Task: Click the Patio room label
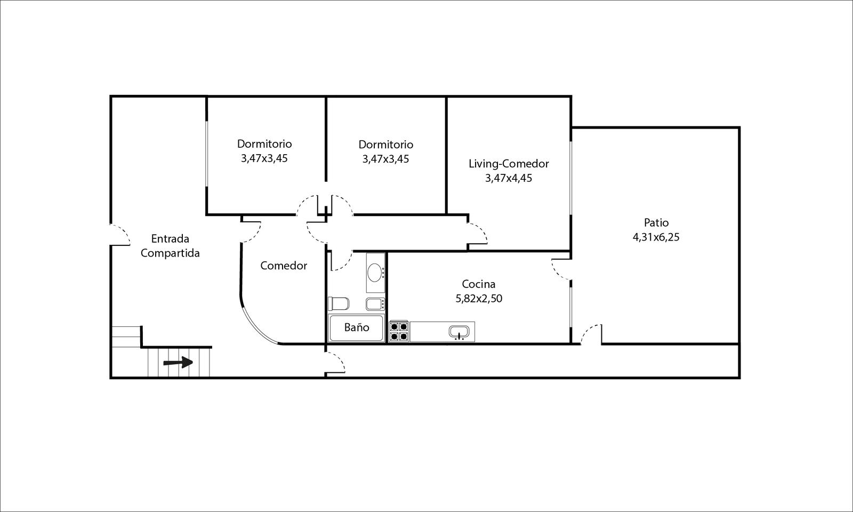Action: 656,222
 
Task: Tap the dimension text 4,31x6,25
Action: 656,237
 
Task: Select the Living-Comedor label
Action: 509,164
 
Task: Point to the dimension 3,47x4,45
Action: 509,178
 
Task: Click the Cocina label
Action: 479,284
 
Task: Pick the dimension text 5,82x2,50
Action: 479,298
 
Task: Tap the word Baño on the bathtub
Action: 357,327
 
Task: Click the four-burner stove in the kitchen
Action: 399,331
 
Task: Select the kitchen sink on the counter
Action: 459,332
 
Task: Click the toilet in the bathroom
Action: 339,303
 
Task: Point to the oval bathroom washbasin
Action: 375,273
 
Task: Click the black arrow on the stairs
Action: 178,362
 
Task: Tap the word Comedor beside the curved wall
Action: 284,266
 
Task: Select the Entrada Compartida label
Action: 170,246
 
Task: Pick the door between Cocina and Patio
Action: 561,269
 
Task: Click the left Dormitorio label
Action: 264,143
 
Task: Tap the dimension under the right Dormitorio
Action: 386,158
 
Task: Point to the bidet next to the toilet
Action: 375,304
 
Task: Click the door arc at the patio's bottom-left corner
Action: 591,334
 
